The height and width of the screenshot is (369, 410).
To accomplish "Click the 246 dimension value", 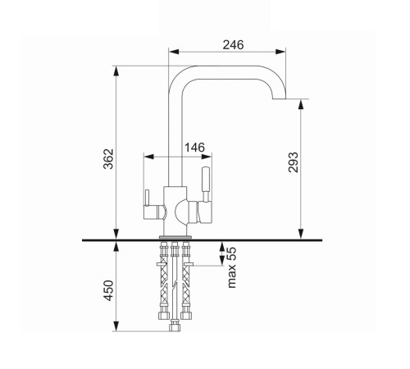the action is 233,45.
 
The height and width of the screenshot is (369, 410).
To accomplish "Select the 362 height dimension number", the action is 108,159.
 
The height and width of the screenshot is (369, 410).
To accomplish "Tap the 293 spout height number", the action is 294,162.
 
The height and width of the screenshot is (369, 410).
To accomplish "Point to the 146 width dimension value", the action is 194,148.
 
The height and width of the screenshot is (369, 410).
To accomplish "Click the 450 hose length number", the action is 108,290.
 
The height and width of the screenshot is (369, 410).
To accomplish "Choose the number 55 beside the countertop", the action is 231,254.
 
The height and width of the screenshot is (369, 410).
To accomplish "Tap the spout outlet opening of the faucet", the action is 279,98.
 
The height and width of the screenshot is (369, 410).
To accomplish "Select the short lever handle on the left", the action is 147,198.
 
